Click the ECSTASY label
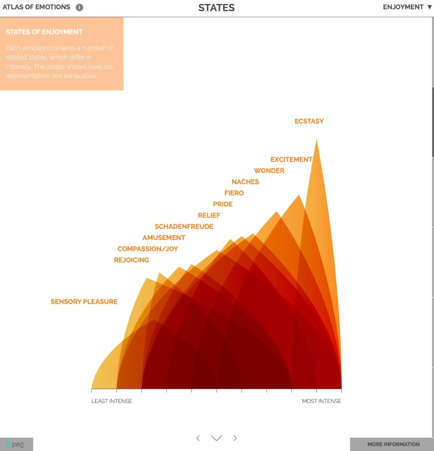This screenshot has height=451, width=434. [x=309, y=122]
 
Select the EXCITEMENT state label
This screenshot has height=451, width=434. [x=291, y=159]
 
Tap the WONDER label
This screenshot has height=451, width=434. [x=269, y=171]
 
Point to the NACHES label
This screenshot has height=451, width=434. [x=245, y=182]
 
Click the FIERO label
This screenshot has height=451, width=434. [x=234, y=193]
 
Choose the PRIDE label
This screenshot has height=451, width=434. [x=223, y=204]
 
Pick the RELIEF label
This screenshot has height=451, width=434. [x=209, y=216]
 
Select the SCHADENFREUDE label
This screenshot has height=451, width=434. [x=184, y=227]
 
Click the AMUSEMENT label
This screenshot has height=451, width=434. [x=164, y=238]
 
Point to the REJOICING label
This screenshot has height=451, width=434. [x=132, y=260]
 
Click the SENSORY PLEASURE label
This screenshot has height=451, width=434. [x=84, y=302]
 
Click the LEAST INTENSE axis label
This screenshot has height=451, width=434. [x=112, y=401]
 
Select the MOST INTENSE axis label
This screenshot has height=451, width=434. [x=321, y=401]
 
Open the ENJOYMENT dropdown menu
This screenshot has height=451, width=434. [x=407, y=7]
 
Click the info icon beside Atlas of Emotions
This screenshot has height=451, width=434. [x=79, y=8]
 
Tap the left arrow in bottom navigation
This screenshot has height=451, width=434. [x=198, y=438]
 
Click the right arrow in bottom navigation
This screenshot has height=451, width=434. [x=235, y=438]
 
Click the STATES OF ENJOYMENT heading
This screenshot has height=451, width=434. [x=44, y=32]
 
